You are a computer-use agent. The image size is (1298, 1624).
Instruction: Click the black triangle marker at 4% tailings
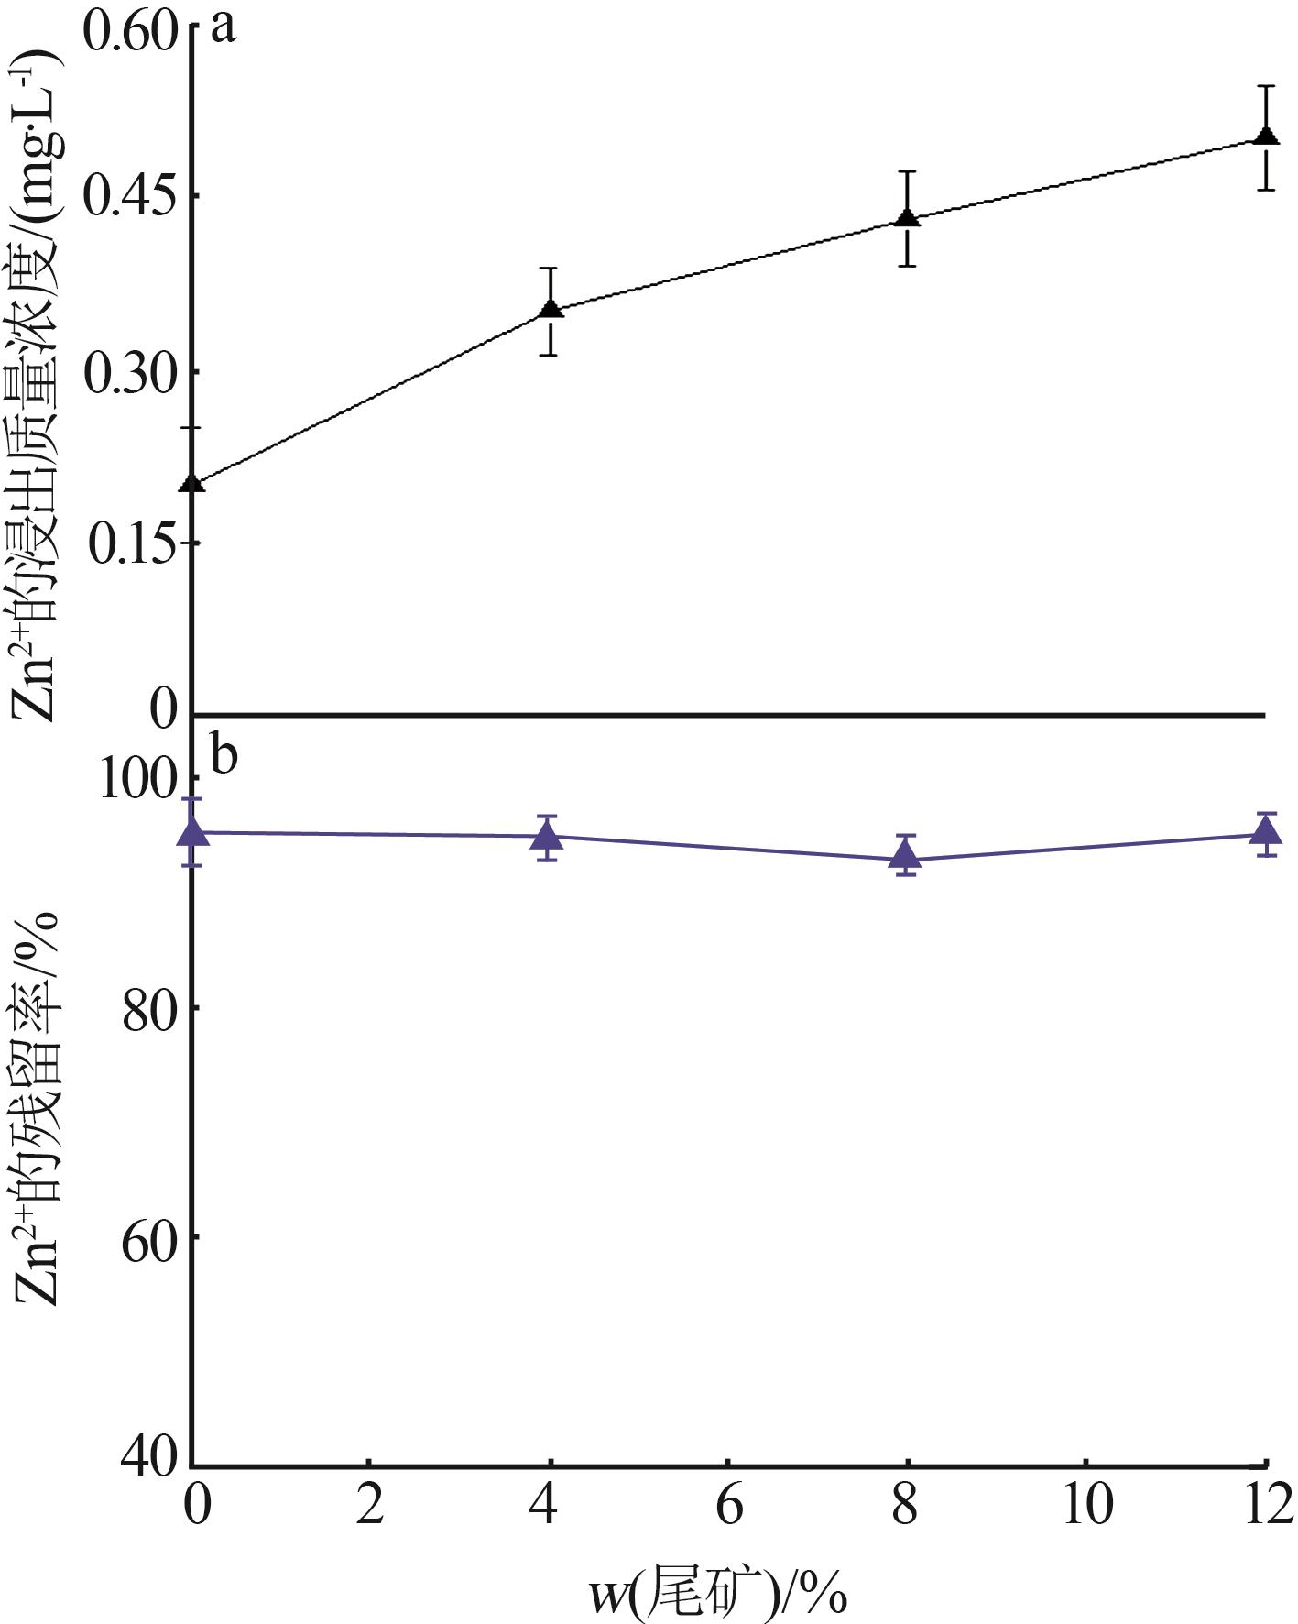[x=551, y=309]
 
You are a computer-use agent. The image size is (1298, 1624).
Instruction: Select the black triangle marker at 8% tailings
[x=907, y=218]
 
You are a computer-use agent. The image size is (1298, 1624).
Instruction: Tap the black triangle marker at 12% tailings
[x=1267, y=137]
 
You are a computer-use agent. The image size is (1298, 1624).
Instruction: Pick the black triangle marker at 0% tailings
[x=192, y=483]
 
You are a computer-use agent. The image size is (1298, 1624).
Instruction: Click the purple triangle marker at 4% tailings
[x=548, y=836]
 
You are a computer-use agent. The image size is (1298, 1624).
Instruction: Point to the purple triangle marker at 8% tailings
[x=906, y=856]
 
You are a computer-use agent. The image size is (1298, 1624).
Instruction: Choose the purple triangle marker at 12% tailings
[x=1267, y=831]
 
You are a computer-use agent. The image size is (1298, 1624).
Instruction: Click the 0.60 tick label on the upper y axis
[x=129, y=33]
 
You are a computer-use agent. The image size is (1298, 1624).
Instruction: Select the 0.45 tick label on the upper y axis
[x=129, y=197]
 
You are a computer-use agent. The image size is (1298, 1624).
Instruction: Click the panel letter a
[x=223, y=27]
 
